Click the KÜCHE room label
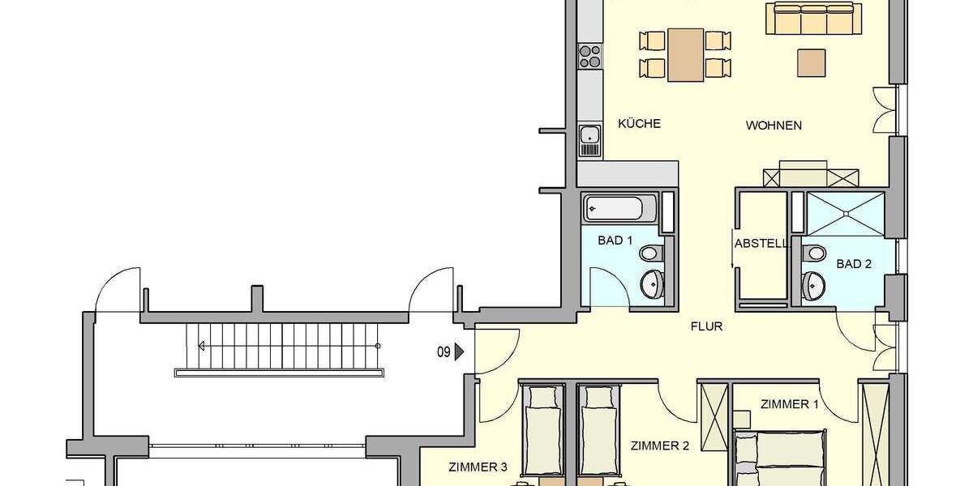(x=639, y=124)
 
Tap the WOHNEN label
(x=774, y=126)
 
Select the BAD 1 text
(x=615, y=241)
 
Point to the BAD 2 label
(x=853, y=264)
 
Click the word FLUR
(x=706, y=327)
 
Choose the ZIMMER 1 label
(x=789, y=404)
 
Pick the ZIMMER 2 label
(x=659, y=446)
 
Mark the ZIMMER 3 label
(x=478, y=467)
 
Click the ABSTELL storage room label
(x=761, y=243)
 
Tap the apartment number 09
(x=444, y=352)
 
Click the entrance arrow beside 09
(x=459, y=352)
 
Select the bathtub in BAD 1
(x=620, y=208)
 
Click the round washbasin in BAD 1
(x=652, y=283)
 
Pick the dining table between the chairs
(x=686, y=54)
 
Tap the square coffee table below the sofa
(x=812, y=62)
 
